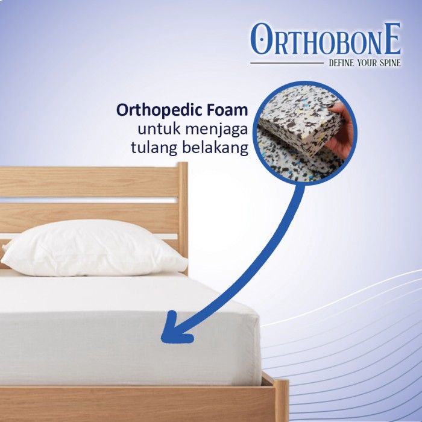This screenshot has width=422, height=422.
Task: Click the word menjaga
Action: (x=216, y=130)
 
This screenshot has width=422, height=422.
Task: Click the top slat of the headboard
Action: (x=89, y=182)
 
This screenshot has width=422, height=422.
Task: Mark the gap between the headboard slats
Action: (x=89, y=201)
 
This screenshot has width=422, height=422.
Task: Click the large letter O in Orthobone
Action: (x=260, y=39)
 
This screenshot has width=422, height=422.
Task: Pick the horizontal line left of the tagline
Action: (x=287, y=63)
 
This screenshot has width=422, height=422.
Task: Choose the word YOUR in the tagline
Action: (x=365, y=63)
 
